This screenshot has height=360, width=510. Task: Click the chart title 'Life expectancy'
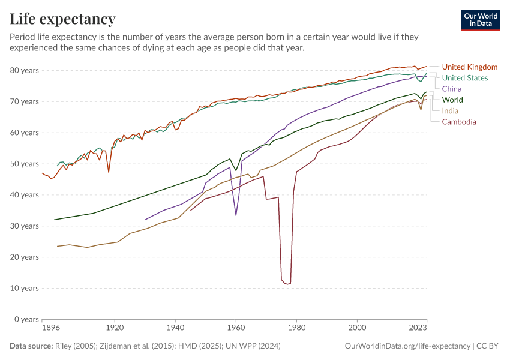tap(62, 19)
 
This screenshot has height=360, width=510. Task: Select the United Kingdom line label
tap(469, 67)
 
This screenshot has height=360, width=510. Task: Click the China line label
tap(452, 89)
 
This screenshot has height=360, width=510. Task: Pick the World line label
tap(452, 100)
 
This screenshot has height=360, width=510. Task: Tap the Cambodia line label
tap(459, 122)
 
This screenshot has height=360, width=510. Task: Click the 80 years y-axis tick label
tap(25, 70)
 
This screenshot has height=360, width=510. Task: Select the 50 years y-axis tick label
tap(25, 164)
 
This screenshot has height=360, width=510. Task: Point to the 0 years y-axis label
tap(27, 319)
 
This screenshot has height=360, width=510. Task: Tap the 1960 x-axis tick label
tap(236, 328)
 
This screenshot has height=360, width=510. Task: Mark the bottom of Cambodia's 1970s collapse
tap(287, 284)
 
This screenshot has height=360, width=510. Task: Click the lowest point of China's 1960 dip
tap(236, 215)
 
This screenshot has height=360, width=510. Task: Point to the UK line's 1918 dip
tap(109, 172)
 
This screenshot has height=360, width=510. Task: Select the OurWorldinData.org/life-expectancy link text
tap(408, 346)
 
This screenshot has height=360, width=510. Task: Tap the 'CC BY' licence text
tap(488, 346)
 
